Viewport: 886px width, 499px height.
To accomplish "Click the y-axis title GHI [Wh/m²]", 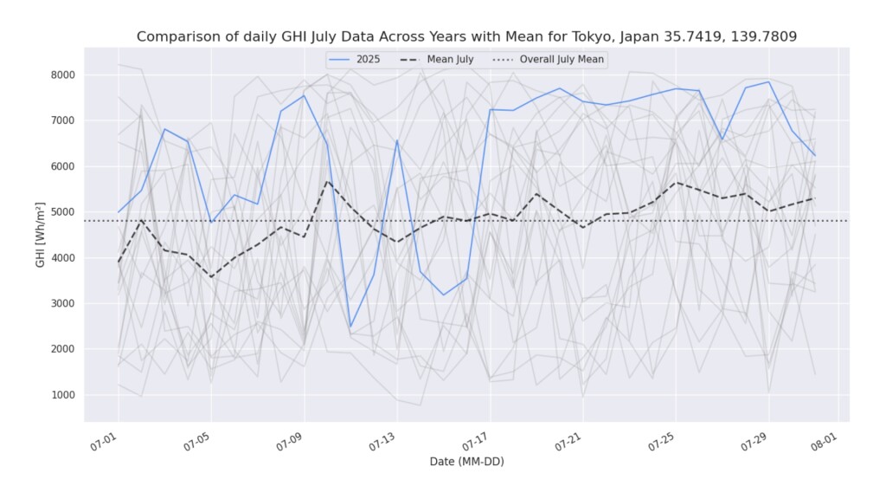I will [x=41, y=234].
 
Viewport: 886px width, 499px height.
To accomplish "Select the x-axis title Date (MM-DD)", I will [x=466, y=462].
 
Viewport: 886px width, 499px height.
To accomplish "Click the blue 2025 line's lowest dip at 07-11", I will [x=350, y=327].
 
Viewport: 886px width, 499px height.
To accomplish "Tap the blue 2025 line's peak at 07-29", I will [x=768, y=82].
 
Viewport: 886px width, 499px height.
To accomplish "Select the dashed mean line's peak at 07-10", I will [x=327, y=181].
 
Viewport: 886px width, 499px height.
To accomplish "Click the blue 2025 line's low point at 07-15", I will [x=444, y=295].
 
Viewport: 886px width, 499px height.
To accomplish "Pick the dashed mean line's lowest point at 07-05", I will [x=211, y=277].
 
